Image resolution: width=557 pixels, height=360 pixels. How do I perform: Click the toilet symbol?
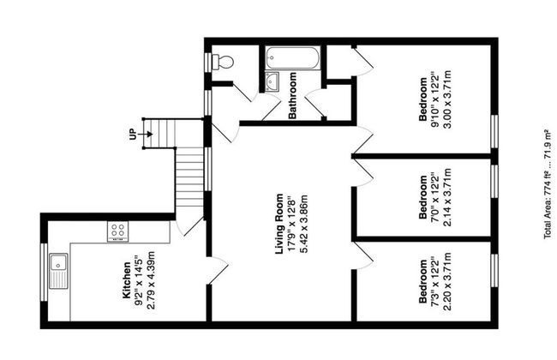pyautogui.click(x=223, y=62)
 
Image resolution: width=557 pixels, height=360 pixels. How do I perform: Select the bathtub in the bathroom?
pyautogui.click(x=293, y=58)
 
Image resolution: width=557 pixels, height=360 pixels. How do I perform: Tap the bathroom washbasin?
pyautogui.click(x=273, y=81)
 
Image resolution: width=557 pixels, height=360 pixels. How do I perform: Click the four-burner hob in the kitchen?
pyautogui.click(x=118, y=231)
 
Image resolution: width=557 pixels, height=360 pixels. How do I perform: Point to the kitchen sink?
pyautogui.click(x=58, y=271)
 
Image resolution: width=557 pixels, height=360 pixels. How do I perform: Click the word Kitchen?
pyautogui.click(x=127, y=280)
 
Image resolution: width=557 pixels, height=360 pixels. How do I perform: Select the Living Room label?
pyautogui.click(x=280, y=224)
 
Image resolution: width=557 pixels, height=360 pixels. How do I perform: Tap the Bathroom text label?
pyautogui.click(x=292, y=96)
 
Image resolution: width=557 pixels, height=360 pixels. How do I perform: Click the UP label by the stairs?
pyautogui.click(x=133, y=134)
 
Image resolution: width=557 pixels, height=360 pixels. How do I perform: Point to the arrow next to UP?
pyautogui.click(x=146, y=134)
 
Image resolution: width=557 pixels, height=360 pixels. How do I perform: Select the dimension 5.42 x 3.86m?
pyautogui.click(x=303, y=224)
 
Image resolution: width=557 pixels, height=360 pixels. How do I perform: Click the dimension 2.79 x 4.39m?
pyautogui.click(x=151, y=280)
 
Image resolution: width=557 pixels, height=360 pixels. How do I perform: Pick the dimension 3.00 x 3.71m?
pyautogui.click(x=446, y=99)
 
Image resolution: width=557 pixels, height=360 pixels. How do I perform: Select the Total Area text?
pyautogui.click(x=548, y=185)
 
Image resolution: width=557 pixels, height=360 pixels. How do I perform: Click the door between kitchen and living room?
pyautogui.click(x=218, y=271)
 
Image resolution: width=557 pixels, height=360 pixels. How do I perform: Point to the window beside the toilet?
pyautogui.click(x=208, y=63)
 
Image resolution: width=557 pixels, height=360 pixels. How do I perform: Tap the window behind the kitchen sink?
pyautogui.click(x=44, y=272)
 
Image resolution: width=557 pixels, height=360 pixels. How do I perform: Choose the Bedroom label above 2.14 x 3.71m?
pyautogui.click(x=423, y=197)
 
